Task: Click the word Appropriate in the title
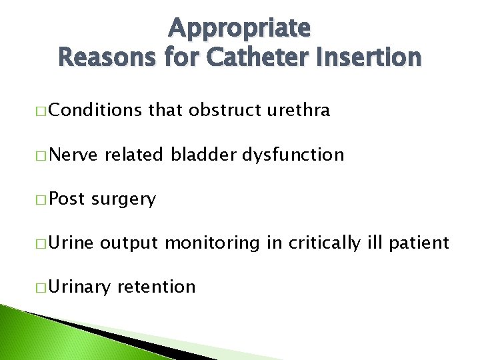click(239, 29)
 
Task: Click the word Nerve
click(74, 155)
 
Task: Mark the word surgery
click(123, 199)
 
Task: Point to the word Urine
click(72, 243)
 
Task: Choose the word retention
click(157, 287)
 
